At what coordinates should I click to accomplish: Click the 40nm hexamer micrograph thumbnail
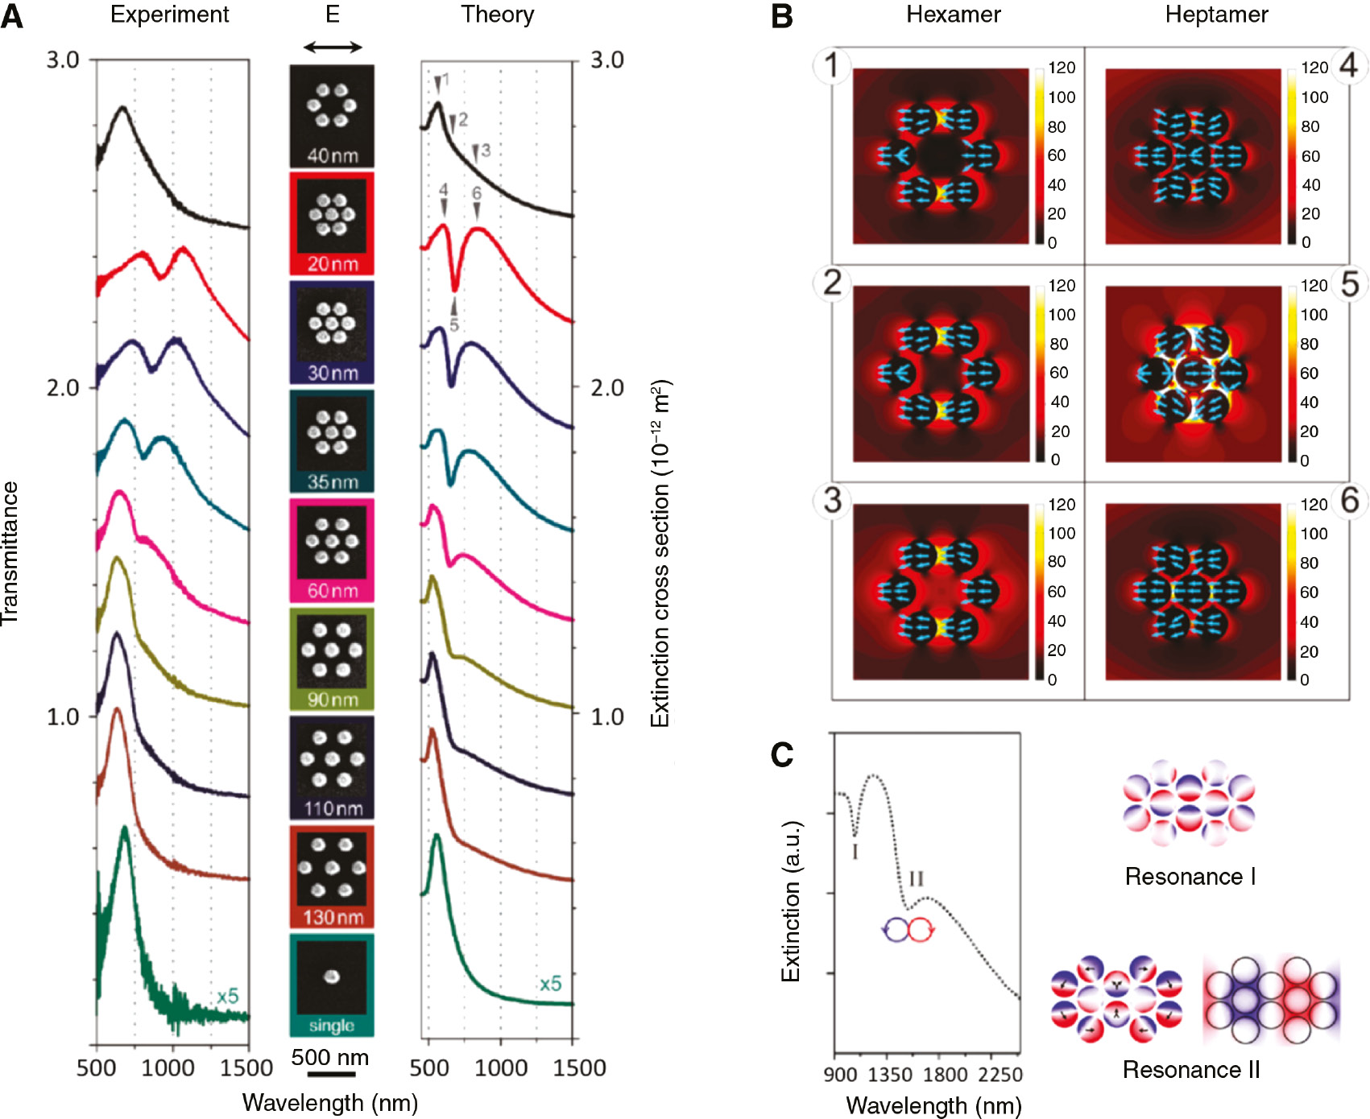[x=332, y=115]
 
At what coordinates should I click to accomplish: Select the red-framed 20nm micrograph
[x=332, y=224]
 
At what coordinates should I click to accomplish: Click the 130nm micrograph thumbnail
[x=332, y=877]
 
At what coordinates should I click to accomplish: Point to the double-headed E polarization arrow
[x=333, y=47]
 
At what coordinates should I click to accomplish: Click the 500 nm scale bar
[x=331, y=1074]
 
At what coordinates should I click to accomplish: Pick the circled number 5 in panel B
[x=1350, y=284]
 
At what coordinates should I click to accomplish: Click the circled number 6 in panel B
[x=1350, y=501]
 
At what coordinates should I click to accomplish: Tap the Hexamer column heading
[x=954, y=14]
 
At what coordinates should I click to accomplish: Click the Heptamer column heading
[x=1216, y=14]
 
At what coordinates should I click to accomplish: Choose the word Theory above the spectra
[x=497, y=14]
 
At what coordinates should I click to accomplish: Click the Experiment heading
[x=169, y=14]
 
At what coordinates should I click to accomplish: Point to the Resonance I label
[x=1190, y=877]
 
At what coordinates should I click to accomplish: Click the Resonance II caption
[x=1191, y=1070]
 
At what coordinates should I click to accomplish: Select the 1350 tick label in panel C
[x=890, y=1075]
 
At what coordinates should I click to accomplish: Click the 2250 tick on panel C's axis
[x=1000, y=1075]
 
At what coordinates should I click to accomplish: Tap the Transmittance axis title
[x=10, y=553]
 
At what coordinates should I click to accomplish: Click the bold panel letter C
[x=782, y=754]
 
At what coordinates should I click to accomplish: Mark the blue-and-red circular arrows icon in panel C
[x=909, y=930]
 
